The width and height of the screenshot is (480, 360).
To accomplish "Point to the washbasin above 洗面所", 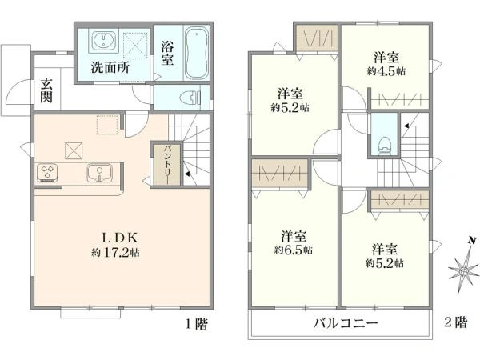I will click(x=102, y=41).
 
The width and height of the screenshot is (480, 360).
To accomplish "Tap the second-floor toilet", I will click(x=384, y=141).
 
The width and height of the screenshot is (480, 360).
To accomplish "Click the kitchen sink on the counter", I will click(x=100, y=171).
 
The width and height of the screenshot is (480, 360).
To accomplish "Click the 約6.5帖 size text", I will click(x=293, y=250).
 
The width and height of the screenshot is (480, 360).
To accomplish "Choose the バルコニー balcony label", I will click(x=345, y=324).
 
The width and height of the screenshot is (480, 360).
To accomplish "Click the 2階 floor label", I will click(x=455, y=323).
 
